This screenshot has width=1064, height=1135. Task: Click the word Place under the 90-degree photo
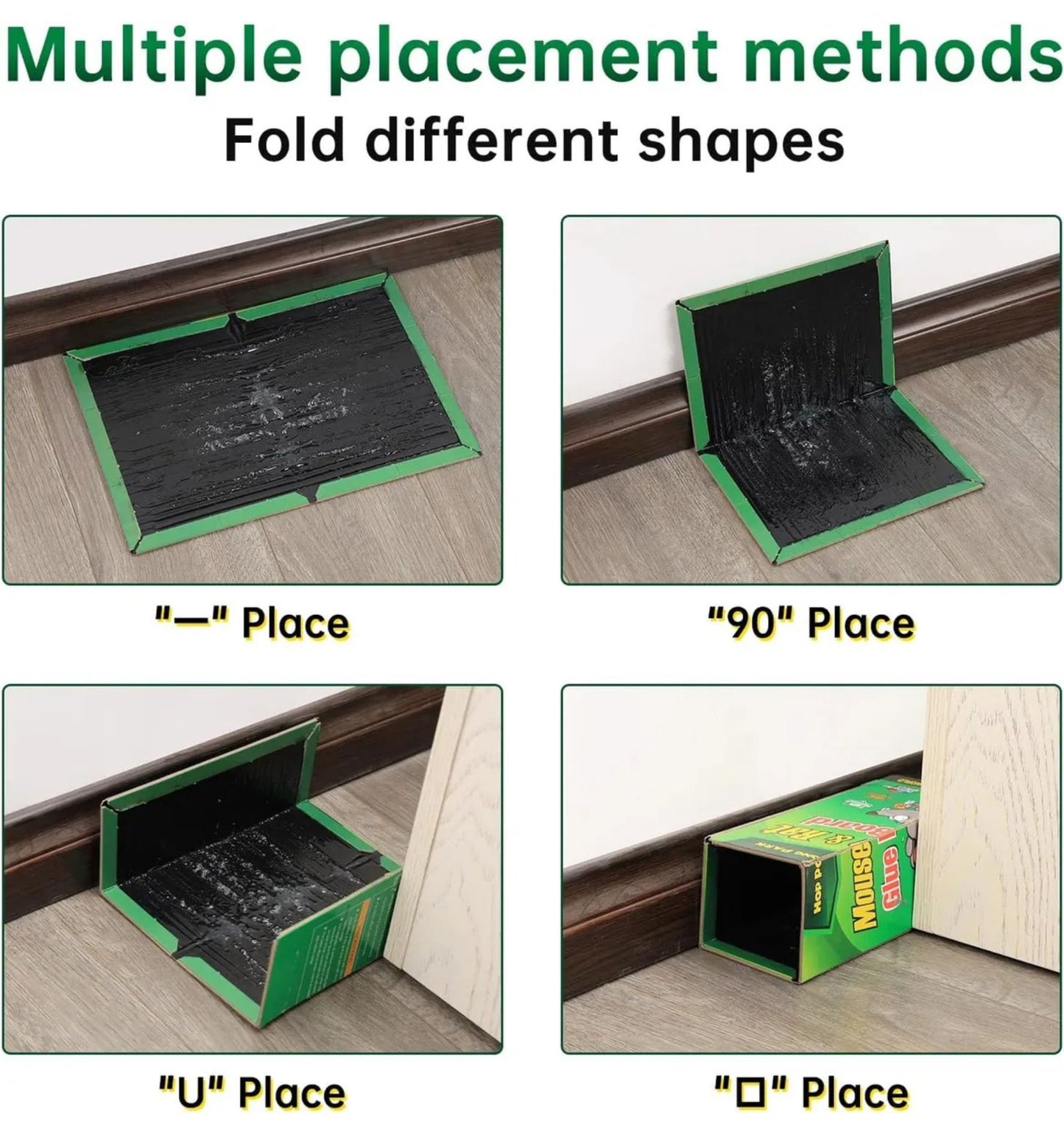(861, 623)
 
